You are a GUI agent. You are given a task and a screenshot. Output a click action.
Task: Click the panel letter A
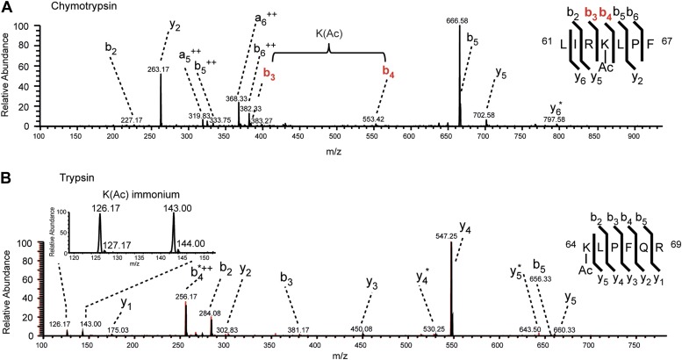(x=7, y=7)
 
